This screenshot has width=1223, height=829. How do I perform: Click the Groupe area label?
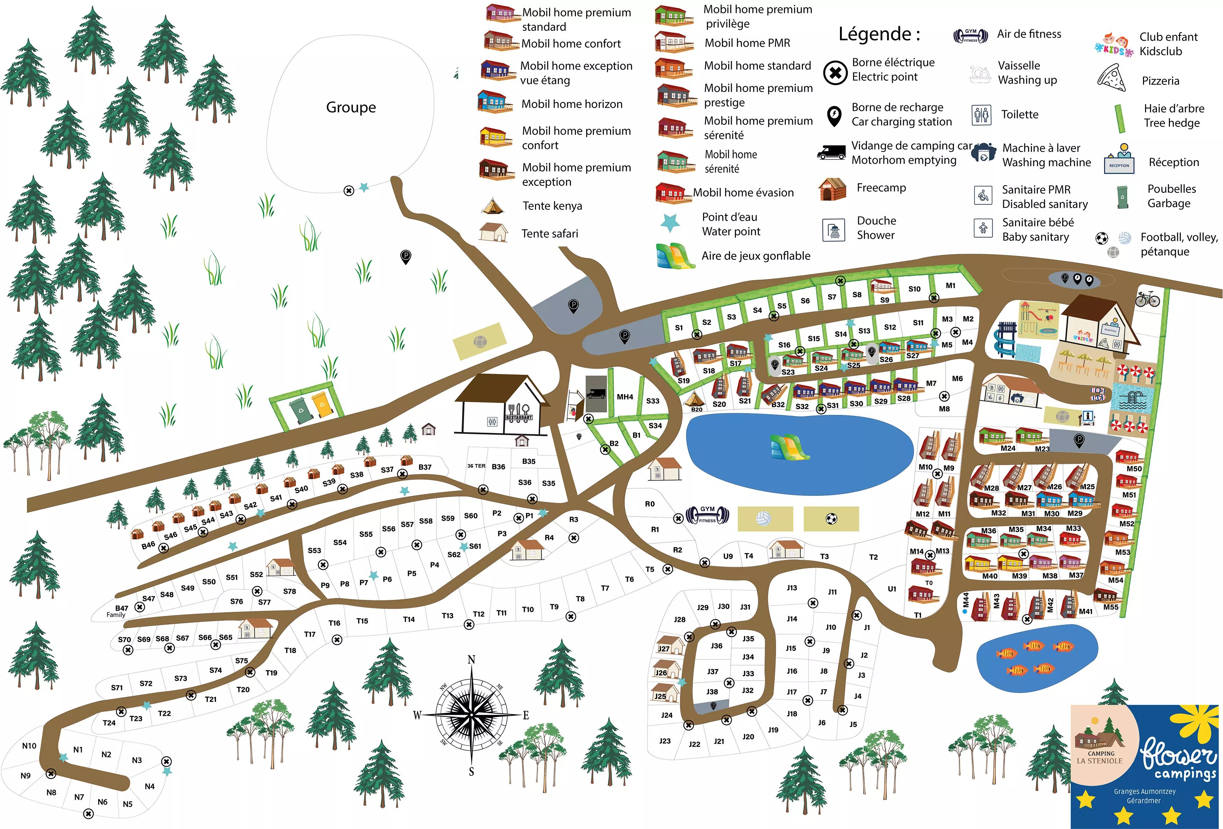[x=351, y=107]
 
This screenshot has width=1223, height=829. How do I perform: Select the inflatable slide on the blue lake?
[x=789, y=447]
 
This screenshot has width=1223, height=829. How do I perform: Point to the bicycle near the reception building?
[x=1147, y=299]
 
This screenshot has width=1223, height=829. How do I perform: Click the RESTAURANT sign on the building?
[x=519, y=418]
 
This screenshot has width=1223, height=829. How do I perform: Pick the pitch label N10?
[x=29, y=746]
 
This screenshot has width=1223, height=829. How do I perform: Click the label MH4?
[x=625, y=397]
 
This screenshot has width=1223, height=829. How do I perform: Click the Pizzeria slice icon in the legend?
[x=1112, y=79]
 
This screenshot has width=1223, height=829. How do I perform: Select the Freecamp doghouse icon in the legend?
[x=832, y=189]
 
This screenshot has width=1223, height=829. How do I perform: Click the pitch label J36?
[x=716, y=645]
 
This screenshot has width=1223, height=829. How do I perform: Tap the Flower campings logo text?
[x=1179, y=757]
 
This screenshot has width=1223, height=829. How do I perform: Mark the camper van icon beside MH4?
[x=596, y=394]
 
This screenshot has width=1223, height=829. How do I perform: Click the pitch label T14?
[x=409, y=619]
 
